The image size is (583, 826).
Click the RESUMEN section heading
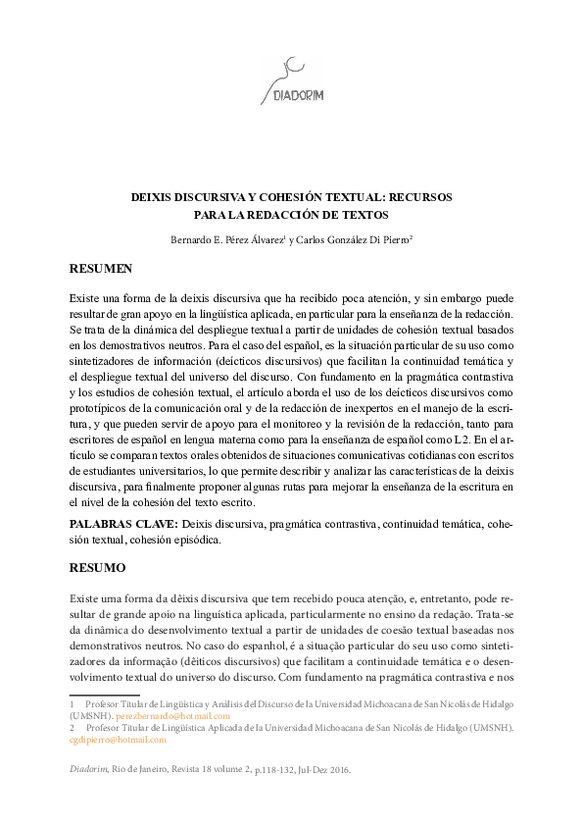coord(101,268)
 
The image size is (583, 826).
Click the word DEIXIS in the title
coord(153,196)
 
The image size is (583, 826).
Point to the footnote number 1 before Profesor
coord(72,704)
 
